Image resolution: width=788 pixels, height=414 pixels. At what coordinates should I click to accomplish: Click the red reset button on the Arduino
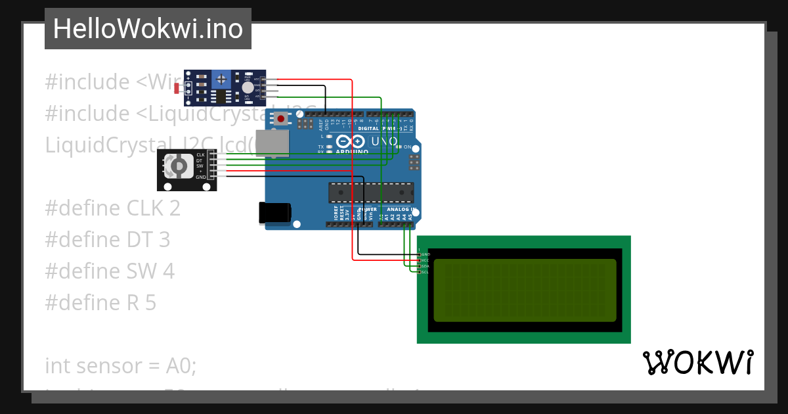coord(282,119)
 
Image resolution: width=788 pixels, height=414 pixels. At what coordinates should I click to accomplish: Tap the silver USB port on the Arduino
coord(272,143)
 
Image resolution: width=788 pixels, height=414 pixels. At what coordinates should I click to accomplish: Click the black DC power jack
coord(274,212)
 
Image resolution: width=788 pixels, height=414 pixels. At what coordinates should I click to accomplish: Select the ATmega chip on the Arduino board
coord(371,192)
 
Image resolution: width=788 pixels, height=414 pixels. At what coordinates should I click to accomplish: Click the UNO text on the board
coord(385,141)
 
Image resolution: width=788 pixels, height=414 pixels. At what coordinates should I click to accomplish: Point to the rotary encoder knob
coord(177,166)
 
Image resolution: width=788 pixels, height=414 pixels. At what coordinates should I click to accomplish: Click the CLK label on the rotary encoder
coord(200,154)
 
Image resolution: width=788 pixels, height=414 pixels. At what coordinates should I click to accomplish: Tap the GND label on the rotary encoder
coord(200,177)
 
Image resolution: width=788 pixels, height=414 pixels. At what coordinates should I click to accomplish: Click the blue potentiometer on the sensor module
coord(222,80)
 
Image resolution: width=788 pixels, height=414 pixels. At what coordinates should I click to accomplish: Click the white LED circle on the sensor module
coord(247,87)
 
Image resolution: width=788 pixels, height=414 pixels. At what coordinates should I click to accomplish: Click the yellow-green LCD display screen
coord(525,290)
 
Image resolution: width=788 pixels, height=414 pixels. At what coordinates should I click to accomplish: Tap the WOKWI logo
coord(697,363)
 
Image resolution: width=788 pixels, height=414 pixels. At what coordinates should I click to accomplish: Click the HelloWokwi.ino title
coord(148,29)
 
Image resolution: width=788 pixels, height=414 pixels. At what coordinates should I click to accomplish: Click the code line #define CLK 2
coord(112,208)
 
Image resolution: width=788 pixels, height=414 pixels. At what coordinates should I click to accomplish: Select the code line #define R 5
coord(100,303)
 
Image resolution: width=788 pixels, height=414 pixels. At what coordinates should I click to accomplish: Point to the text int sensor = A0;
coord(121,365)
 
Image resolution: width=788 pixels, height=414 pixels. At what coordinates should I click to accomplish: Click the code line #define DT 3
coord(107,240)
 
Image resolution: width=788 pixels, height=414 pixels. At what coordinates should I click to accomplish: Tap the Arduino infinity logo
coord(350,141)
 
